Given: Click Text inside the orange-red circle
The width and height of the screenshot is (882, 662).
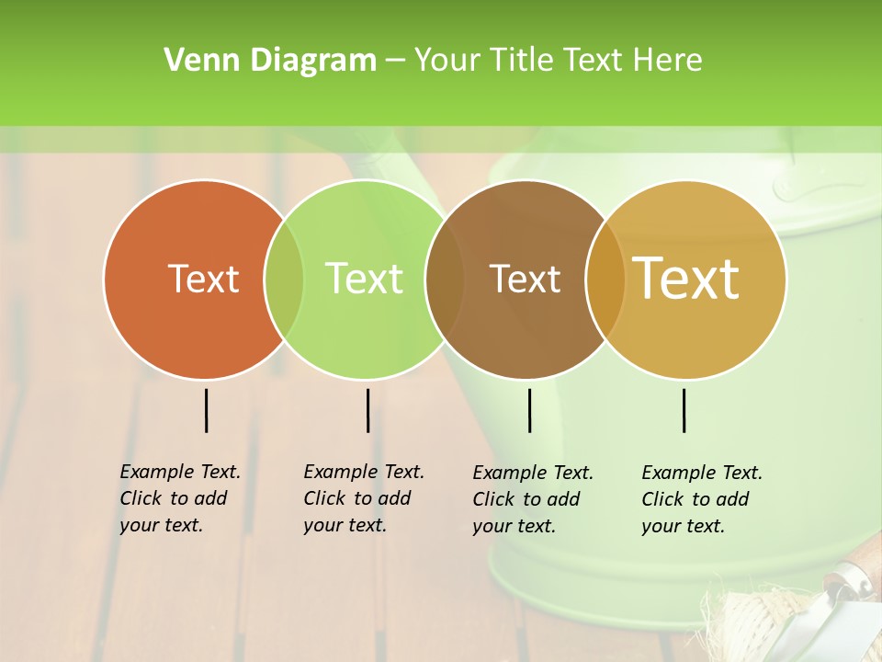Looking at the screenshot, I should [x=203, y=279].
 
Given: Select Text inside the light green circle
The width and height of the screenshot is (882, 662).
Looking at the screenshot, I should [x=364, y=279].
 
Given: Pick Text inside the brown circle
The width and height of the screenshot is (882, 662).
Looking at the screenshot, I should [x=525, y=279].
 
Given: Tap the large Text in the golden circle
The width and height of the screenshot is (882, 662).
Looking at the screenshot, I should [x=686, y=279].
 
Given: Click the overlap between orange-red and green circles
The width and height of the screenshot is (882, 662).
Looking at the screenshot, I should [x=284, y=279].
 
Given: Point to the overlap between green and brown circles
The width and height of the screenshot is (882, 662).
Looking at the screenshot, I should [x=445, y=279].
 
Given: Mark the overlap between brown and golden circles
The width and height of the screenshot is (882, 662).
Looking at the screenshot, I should [x=605, y=279].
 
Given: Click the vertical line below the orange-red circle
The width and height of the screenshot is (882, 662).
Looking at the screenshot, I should [x=206, y=410].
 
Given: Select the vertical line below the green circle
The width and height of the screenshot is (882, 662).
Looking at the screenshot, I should [x=367, y=410].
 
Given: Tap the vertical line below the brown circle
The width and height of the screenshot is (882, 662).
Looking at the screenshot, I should [x=529, y=410].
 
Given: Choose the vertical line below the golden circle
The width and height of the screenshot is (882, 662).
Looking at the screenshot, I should [x=684, y=410].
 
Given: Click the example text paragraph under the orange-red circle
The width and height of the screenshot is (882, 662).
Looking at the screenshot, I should [x=180, y=498].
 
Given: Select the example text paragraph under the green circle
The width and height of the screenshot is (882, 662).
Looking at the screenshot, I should [x=364, y=498].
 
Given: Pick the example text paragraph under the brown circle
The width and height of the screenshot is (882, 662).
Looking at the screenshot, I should [x=533, y=499].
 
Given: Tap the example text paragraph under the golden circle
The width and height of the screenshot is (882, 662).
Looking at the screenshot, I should [x=702, y=499].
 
